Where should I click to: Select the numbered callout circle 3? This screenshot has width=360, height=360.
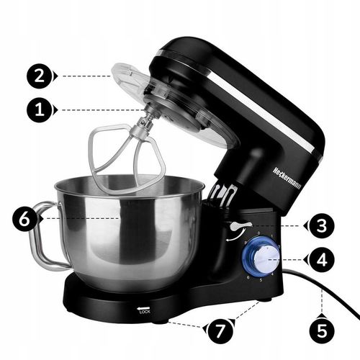(320, 225)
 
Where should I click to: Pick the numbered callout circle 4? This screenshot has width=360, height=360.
(320, 258)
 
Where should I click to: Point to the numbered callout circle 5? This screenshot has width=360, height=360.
(320, 332)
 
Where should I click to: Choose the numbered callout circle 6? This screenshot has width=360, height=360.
(24, 219)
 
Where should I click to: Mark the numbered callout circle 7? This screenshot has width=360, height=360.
(220, 332)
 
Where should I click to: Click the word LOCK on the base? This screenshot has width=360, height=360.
(145, 312)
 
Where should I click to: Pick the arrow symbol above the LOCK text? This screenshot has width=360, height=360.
(145, 307)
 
